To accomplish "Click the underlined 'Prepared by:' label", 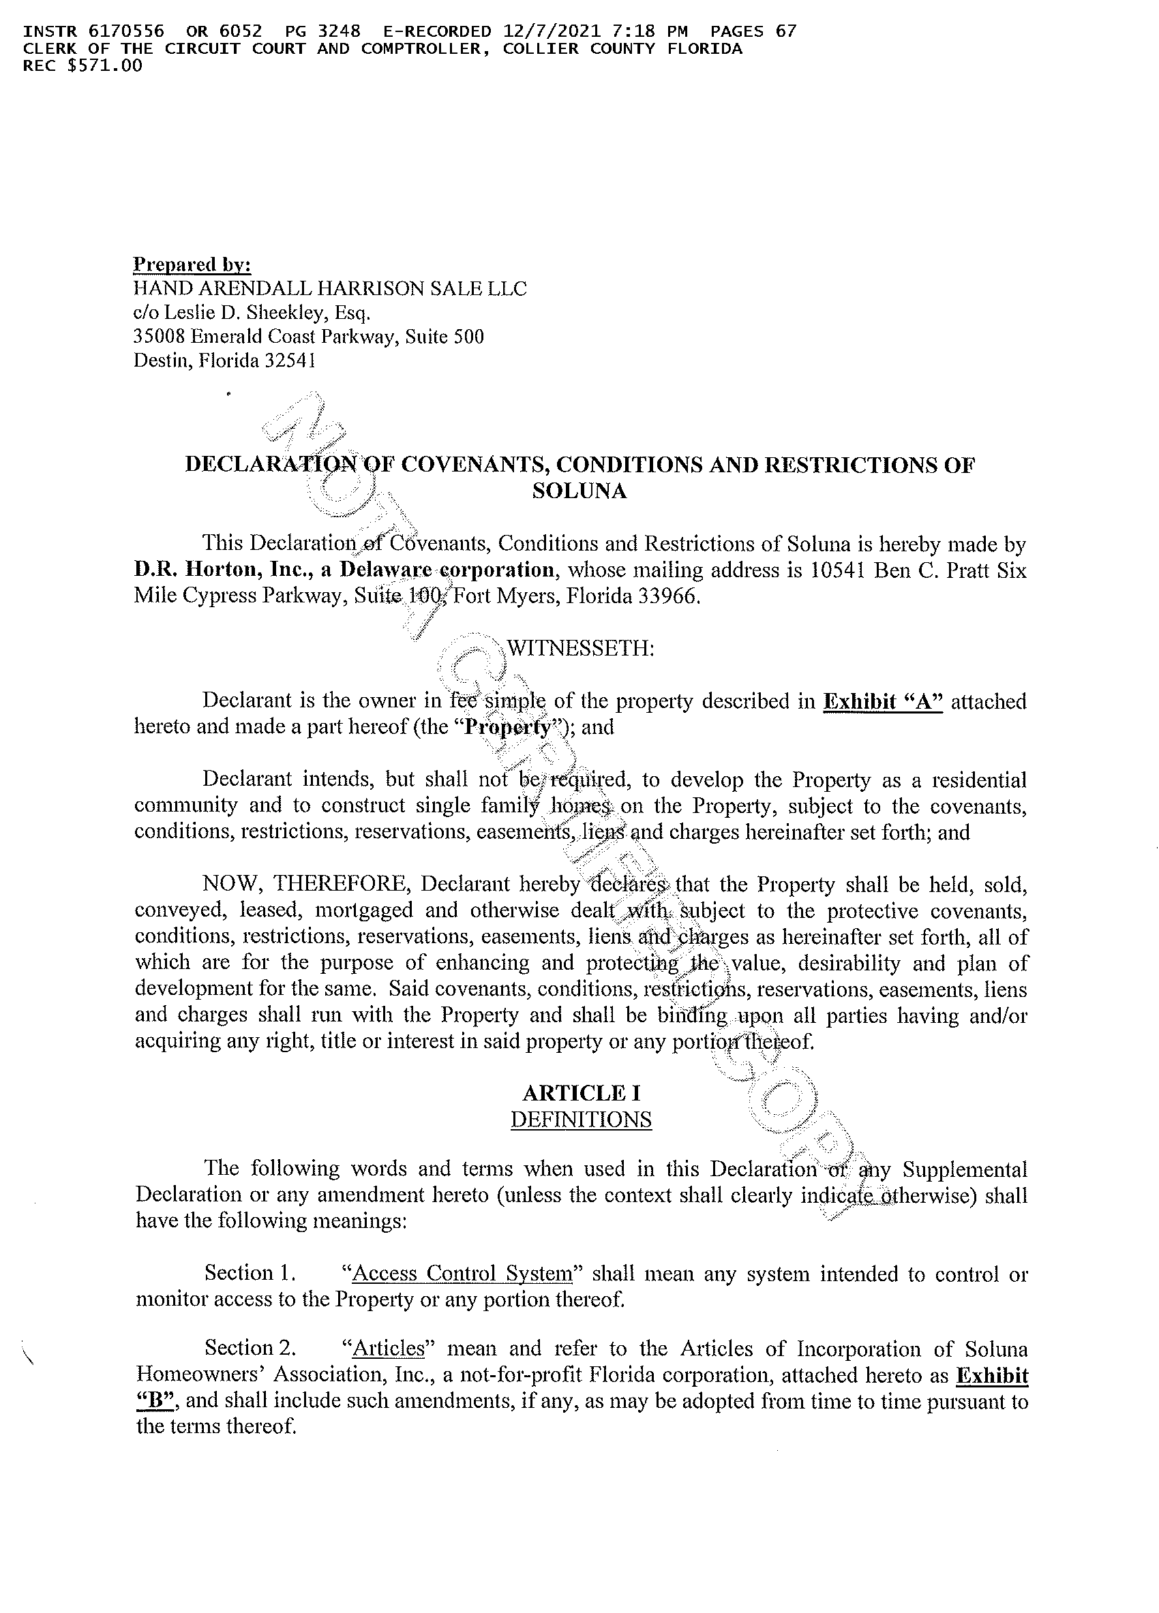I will pyautogui.click(x=192, y=264).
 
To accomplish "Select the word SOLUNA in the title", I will pyautogui.click(x=579, y=491).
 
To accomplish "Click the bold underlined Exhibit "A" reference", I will pyautogui.click(x=882, y=701).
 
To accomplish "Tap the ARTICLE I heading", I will pyautogui.click(x=581, y=1092).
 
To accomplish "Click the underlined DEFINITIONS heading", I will pyautogui.click(x=581, y=1120).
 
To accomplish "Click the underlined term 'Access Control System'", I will pyautogui.click(x=462, y=1272).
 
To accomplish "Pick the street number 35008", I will pyautogui.click(x=159, y=337).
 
